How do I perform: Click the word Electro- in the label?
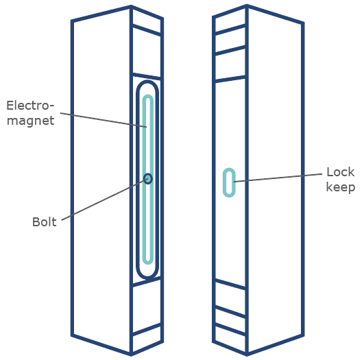(x=30, y=106)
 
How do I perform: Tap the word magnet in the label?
(x=31, y=121)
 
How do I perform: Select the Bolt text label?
(x=45, y=222)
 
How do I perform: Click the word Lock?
(x=340, y=172)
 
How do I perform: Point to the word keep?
(x=341, y=187)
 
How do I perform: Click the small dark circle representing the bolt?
(x=148, y=178)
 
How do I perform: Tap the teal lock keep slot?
(x=229, y=182)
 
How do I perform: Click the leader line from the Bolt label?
(x=104, y=200)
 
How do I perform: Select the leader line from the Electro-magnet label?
(x=104, y=120)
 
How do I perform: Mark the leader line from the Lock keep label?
(x=278, y=178)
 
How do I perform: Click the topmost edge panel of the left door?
(x=147, y=21)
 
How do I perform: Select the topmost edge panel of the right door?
(x=230, y=20)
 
